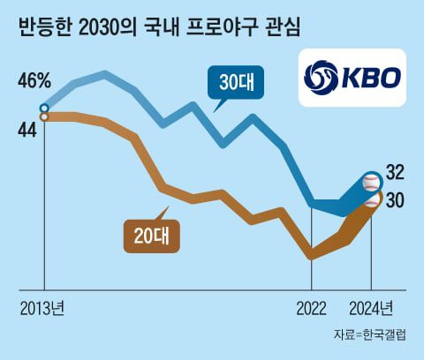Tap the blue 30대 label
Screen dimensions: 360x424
coord(233,84)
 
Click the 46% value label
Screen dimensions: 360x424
coord(34,81)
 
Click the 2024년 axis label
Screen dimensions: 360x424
coord(372,308)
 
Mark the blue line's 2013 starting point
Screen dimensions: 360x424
coord(44,109)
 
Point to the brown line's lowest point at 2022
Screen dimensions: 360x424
coord(311,257)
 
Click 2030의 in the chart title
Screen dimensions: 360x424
coord(97,27)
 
